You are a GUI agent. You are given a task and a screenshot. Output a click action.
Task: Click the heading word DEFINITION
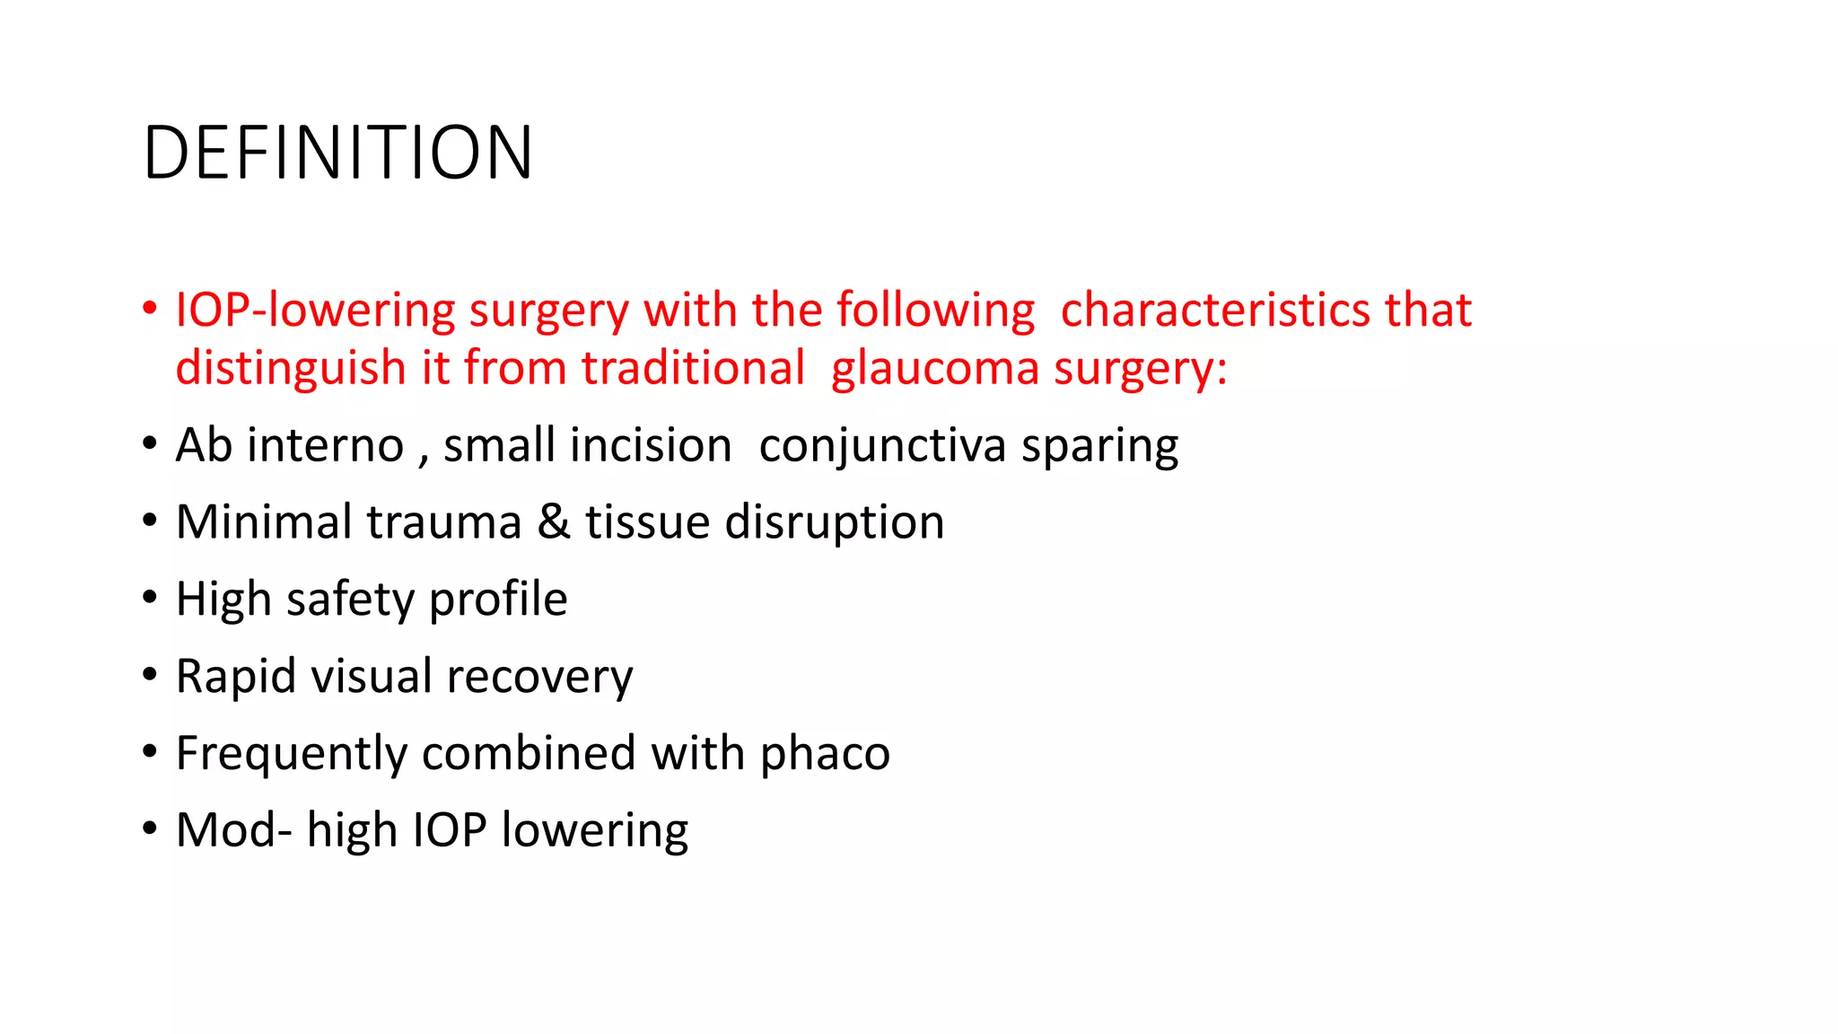[337, 153]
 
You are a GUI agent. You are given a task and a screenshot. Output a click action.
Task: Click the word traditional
[693, 368]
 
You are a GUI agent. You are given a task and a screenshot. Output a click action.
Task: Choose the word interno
[326, 445]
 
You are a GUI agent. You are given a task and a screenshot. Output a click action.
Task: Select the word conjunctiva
[882, 446]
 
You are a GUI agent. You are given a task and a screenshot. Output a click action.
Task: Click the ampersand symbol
[554, 521]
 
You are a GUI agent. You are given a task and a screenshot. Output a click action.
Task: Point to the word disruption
[835, 522]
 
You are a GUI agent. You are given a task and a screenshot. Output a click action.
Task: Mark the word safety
[350, 600]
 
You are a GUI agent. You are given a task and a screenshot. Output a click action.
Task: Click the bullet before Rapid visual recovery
[149, 675]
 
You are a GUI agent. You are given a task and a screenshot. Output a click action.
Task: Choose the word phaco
[825, 753]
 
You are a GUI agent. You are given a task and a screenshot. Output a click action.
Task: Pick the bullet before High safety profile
[149, 598]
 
